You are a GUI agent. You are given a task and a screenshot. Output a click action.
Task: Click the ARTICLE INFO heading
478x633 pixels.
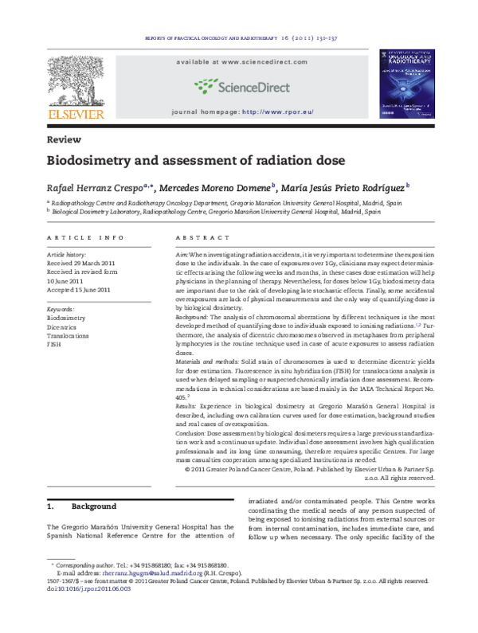tap(85, 238)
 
